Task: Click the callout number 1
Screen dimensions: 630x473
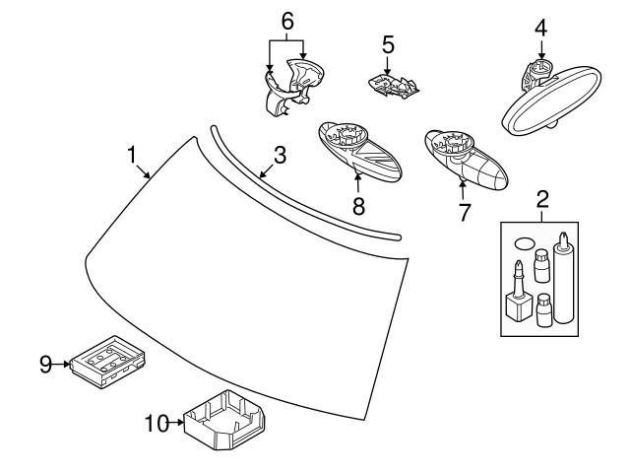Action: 132,155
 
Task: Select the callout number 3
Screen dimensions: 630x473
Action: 280,156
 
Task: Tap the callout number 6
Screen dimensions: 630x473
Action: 287,21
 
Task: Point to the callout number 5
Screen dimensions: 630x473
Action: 388,44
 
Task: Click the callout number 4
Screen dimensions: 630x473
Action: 540,28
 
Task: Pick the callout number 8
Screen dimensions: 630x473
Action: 358,206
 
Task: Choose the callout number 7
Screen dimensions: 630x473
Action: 464,212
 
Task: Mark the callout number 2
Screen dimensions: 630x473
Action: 542,199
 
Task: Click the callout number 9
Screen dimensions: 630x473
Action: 46,365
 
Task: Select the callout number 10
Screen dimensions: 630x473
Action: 157,423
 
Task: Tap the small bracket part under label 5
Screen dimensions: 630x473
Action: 394,86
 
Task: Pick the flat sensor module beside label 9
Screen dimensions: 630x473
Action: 107,362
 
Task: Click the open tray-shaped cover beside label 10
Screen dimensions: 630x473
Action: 224,420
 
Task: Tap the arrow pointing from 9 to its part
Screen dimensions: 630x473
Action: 61,364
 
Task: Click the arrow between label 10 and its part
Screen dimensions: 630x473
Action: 176,423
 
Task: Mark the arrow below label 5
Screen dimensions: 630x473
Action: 387,66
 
